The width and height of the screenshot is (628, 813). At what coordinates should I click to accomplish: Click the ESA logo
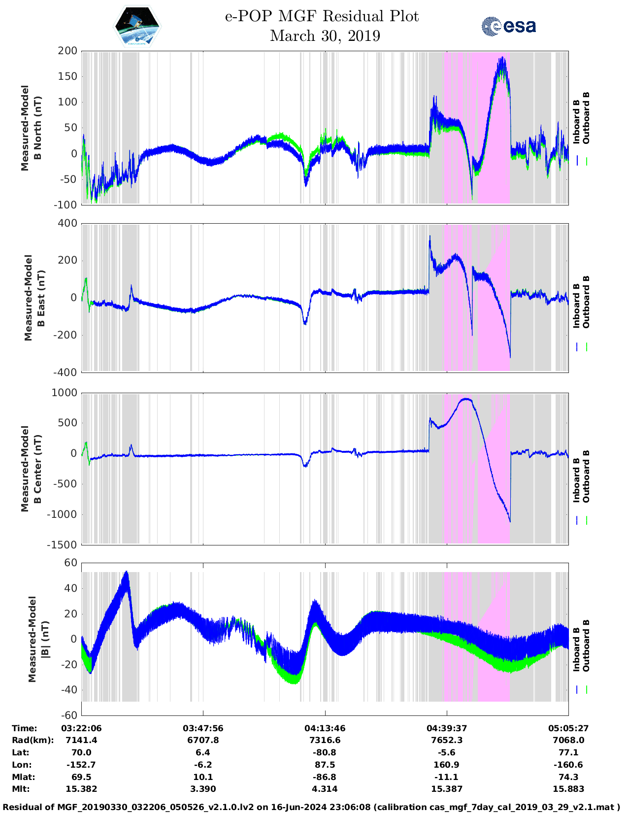[x=508, y=26]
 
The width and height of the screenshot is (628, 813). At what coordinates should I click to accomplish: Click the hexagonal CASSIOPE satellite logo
[x=137, y=26]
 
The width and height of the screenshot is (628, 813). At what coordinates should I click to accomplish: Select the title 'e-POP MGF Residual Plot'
[x=322, y=16]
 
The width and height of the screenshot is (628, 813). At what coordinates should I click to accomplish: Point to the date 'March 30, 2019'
[x=325, y=36]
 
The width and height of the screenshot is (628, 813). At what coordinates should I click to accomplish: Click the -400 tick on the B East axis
[x=65, y=373]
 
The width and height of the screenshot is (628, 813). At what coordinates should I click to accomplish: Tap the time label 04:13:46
[x=325, y=728]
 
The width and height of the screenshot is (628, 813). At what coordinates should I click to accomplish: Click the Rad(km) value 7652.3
[x=447, y=740]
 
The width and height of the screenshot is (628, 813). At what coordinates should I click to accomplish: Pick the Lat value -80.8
[x=325, y=752]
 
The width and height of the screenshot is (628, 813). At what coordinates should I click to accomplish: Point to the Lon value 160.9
[x=447, y=765]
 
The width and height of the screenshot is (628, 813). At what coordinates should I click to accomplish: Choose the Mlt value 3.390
[x=203, y=789]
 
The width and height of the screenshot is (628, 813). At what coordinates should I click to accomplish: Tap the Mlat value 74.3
[x=568, y=777]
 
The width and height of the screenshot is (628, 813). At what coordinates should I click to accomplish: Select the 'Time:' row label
[x=25, y=728]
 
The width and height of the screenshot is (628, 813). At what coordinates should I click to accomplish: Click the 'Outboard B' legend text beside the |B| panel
[x=586, y=645]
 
